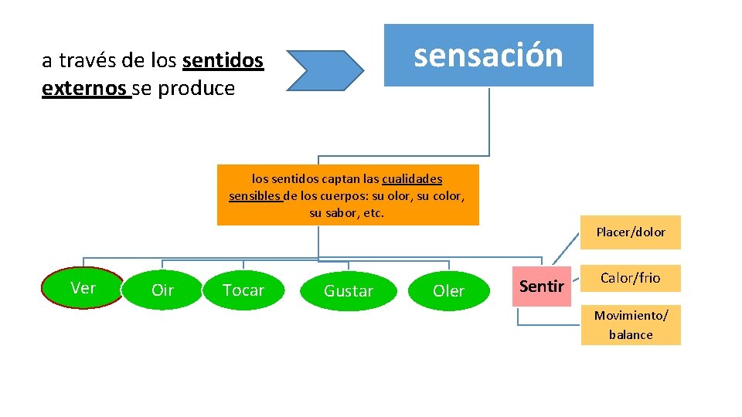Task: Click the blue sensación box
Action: (488, 55)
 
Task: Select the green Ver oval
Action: (83, 288)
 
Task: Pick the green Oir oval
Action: (162, 290)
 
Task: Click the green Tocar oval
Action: (243, 290)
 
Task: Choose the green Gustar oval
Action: (348, 291)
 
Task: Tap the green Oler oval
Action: (448, 291)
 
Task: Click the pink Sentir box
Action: (542, 286)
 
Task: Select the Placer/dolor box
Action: (631, 232)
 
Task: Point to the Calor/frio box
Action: (631, 278)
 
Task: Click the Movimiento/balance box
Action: (631, 324)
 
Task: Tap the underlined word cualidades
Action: (412, 179)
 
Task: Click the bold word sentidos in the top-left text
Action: (223, 60)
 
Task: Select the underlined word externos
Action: (84, 89)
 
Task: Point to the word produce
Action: (196, 89)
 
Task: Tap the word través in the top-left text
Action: (87, 60)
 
